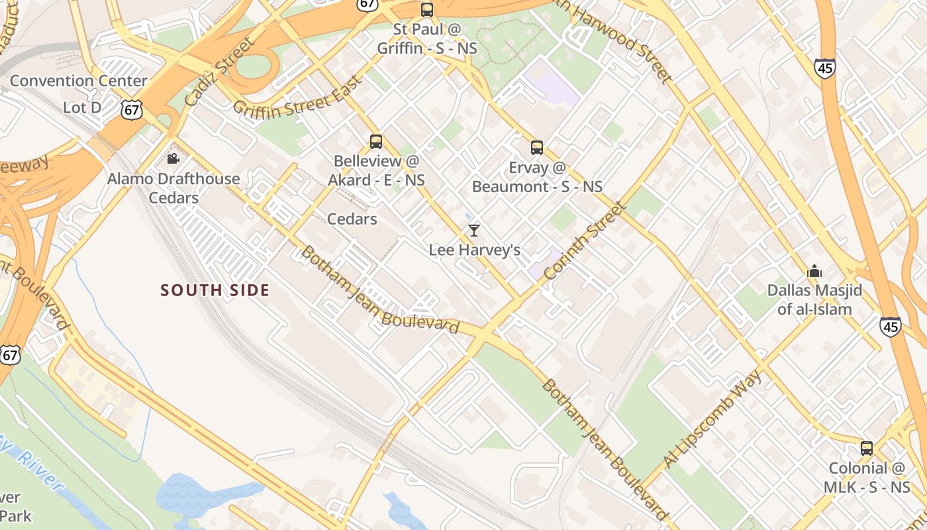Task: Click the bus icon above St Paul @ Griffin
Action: pyautogui.click(x=427, y=10)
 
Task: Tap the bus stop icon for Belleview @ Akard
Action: pyautogui.click(x=376, y=142)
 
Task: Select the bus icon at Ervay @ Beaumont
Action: pyautogui.click(x=537, y=148)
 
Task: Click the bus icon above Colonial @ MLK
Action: pyautogui.click(x=867, y=449)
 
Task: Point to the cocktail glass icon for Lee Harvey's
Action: pyautogui.click(x=473, y=231)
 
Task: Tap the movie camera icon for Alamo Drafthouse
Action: pyautogui.click(x=173, y=159)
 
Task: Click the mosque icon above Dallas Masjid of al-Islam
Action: pyautogui.click(x=814, y=271)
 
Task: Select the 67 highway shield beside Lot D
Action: pyautogui.click(x=132, y=109)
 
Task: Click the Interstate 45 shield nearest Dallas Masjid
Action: pyautogui.click(x=890, y=326)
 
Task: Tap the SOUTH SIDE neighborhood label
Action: pyautogui.click(x=215, y=290)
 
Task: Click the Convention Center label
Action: pyautogui.click(x=79, y=81)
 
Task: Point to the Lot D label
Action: pyautogui.click(x=82, y=107)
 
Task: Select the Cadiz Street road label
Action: pyautogui.click(x=219, y=72)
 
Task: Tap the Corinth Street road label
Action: pyautogui.click(x=584, y=240)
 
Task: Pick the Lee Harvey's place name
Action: pyautogui.click(x=474, y=250)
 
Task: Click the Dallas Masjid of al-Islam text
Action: pyautogui.click(x=814, y=299)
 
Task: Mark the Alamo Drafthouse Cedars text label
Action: pyautogui.click(x=173, y=188)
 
